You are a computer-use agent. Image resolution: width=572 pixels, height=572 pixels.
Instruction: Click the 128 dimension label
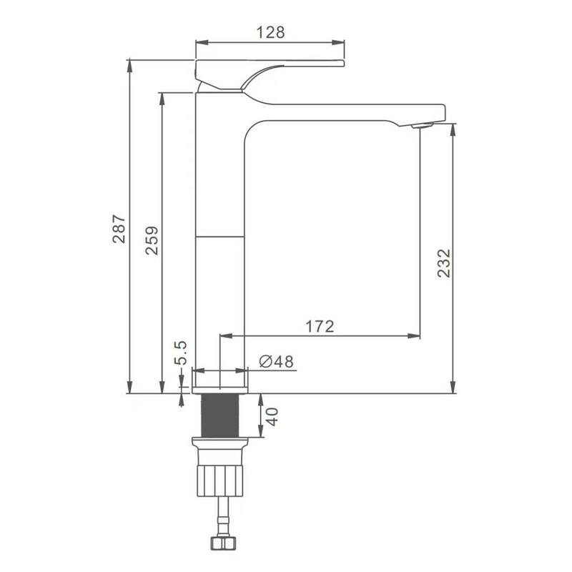[x=270, y=32]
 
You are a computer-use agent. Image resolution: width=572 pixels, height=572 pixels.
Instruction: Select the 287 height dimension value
[x=119, y=229]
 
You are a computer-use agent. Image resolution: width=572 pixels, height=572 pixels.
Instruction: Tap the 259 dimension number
[x=152, y=240]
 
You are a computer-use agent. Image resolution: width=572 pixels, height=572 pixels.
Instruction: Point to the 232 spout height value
[x=444, y=263]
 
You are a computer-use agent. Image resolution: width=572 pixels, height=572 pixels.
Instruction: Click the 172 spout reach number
[x=320, y=326]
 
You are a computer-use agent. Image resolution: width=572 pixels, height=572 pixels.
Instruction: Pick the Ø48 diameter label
[x=276, y=362]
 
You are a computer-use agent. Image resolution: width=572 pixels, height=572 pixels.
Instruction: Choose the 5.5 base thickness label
[x=180, y=352]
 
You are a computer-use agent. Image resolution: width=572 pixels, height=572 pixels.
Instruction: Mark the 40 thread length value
[x=272, y=417]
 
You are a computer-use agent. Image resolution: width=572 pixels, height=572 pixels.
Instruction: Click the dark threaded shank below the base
[x=220, y=415]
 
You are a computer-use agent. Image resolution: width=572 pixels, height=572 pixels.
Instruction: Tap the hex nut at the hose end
[x=223, y=543]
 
